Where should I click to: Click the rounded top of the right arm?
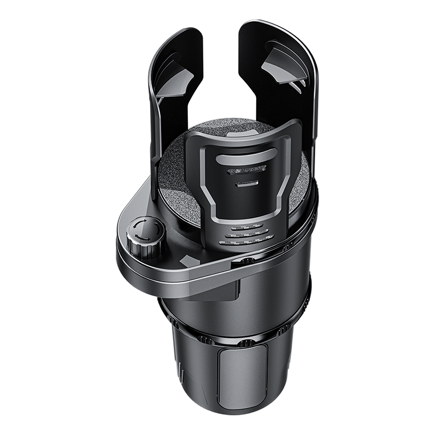click(x=280, y=33)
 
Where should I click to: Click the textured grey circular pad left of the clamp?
click(x=175, y=175)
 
